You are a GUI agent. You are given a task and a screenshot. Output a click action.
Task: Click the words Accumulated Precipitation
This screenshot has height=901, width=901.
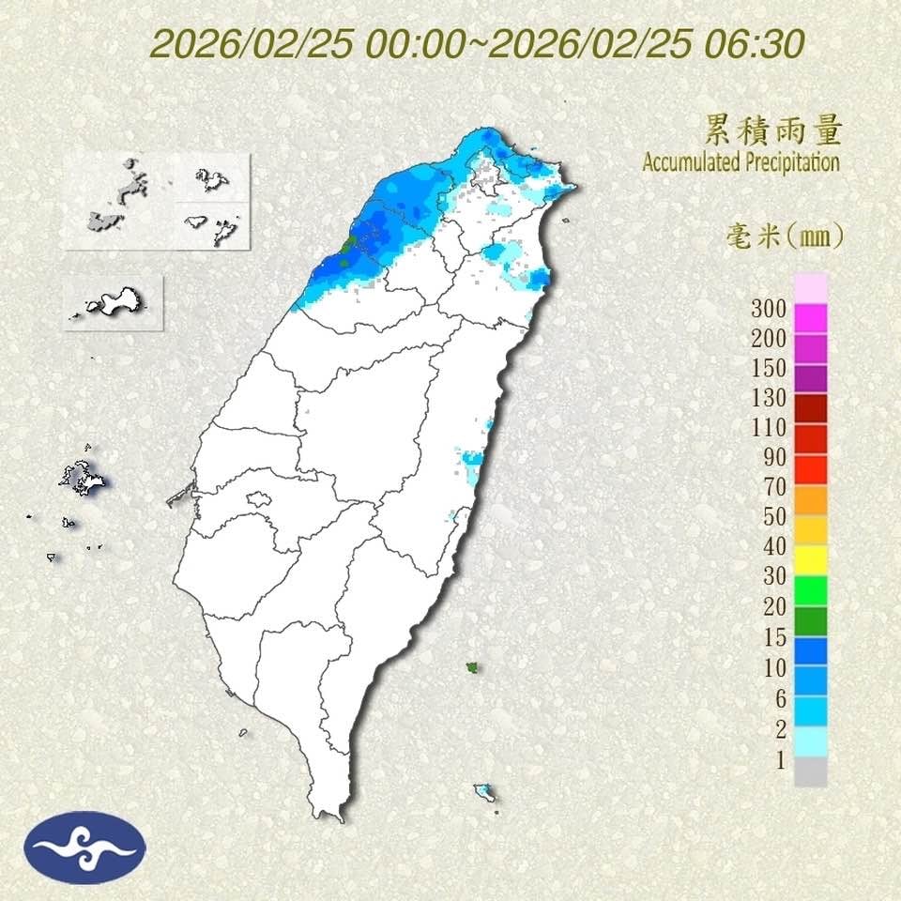(741, 161)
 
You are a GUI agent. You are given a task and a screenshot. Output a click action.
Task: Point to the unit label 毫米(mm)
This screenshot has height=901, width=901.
(785, 236)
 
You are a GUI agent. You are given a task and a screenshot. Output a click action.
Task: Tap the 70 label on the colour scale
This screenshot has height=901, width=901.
(772, 486)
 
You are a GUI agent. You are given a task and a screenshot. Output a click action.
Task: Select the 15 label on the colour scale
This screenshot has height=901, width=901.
(772, 637)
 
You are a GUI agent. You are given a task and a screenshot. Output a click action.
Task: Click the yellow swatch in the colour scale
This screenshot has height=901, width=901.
(810, 560)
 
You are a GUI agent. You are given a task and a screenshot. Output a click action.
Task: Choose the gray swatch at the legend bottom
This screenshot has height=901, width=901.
(810, 771)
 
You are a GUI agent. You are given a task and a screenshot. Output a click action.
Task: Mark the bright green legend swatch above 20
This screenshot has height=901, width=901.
(810, 590)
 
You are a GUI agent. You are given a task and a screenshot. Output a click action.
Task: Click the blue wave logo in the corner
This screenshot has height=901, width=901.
(84, 847)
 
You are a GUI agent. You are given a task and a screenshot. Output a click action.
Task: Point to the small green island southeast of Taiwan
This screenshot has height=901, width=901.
(472, 667)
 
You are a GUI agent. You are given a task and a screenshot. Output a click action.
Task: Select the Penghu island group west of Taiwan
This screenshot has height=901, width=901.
(83, 479)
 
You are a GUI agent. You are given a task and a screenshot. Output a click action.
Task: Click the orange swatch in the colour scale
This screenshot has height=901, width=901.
(810, 500)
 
